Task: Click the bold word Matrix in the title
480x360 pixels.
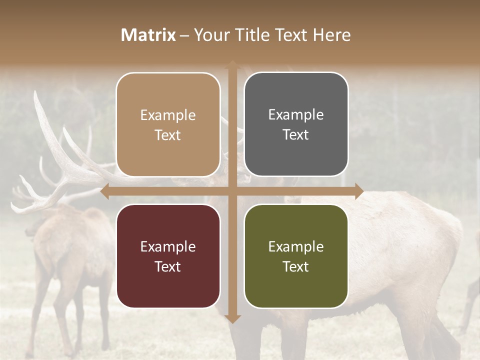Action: pyautogui.click(x=148, y=35)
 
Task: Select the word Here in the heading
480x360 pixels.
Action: pyautogui.click(x=331, y=35)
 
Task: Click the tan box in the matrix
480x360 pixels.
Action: pyautogui.click(x=168, y=124)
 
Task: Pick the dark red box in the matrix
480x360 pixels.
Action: pyautogui.click(x=168, y=256)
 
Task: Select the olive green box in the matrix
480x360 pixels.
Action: pyautogui.click(x=296, y=256)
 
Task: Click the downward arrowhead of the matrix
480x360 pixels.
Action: pyautogui.click(x=232, y=318)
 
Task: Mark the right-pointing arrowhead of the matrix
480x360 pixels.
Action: pyautogui.click(x=358, y=191)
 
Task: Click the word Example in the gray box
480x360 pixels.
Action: pyautogui.click(x=296, y=115)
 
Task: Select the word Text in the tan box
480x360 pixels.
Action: pyautogui.click(x=168, y=135)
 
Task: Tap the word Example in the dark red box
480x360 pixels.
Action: pyautogui.click(x=168, y=247)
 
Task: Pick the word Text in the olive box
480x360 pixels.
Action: pyautogui.click(x=296, y=267)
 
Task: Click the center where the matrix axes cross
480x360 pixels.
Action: pyautogui.click(x=232, y=191)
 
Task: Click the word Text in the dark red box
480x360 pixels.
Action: pyautogui.click(x=168, y=267)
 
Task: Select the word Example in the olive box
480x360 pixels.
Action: pyautogui.click(x=296, y=247)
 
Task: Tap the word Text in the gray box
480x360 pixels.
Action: pyautogui.click(x=296, y=135)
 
